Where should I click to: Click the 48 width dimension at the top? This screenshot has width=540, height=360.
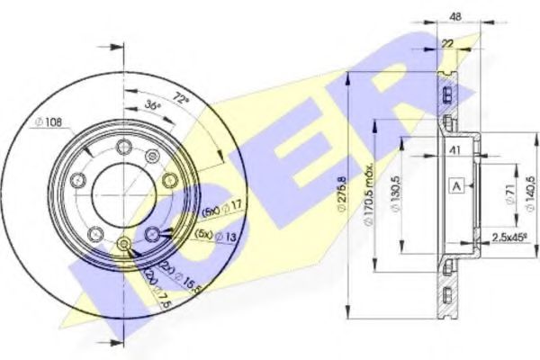(x=456, y=15)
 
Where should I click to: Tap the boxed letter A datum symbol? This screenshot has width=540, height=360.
(x=456, y=186)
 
